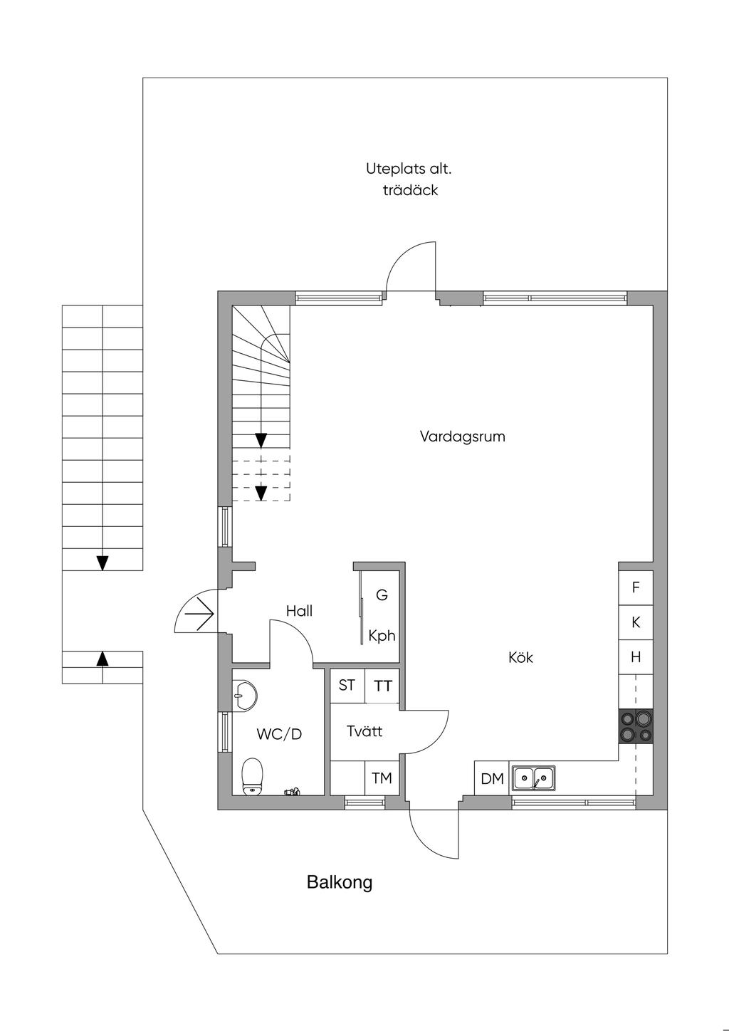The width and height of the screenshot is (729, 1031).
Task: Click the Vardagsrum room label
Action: (462, 436)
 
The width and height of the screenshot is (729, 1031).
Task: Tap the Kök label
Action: (520, 657)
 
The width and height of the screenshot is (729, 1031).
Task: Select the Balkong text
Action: (340, 883)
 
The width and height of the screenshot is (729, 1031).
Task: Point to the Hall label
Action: (299, 611)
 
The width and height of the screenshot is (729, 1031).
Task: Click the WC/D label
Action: (279, 734)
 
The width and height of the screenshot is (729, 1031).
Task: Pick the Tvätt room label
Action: (364, 731)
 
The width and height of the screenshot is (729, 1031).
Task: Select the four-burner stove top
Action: (636, 727)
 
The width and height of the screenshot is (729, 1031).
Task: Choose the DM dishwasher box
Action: (492, 779)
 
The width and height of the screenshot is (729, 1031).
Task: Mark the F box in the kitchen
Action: (636, 588)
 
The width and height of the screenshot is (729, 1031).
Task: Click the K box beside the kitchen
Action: (636, 622)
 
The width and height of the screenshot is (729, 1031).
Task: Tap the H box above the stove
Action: (636, 657)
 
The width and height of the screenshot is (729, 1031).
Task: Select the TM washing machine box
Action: (382, 778)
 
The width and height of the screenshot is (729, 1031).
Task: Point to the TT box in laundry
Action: (383, 686)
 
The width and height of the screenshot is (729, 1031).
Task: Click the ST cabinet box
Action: (347, 686)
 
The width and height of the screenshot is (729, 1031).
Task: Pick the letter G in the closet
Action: (382, 595)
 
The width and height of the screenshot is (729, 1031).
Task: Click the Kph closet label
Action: (382, 636)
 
